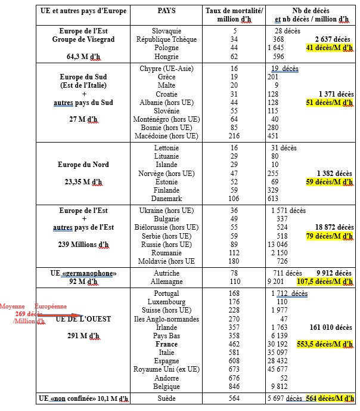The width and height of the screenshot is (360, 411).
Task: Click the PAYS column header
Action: (x=166, y=11)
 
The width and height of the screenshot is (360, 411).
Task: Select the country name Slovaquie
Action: (x=166, y=30)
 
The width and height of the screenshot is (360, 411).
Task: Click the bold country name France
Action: (x=166, y=344)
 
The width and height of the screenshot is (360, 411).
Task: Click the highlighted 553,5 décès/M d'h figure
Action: (x=328, y=344)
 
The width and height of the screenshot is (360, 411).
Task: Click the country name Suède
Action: (x=166, y=398)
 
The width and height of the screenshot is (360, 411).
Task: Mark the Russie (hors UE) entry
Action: (x=166, y=243)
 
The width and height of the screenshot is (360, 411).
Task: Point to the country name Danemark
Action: (x=166, y=198)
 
